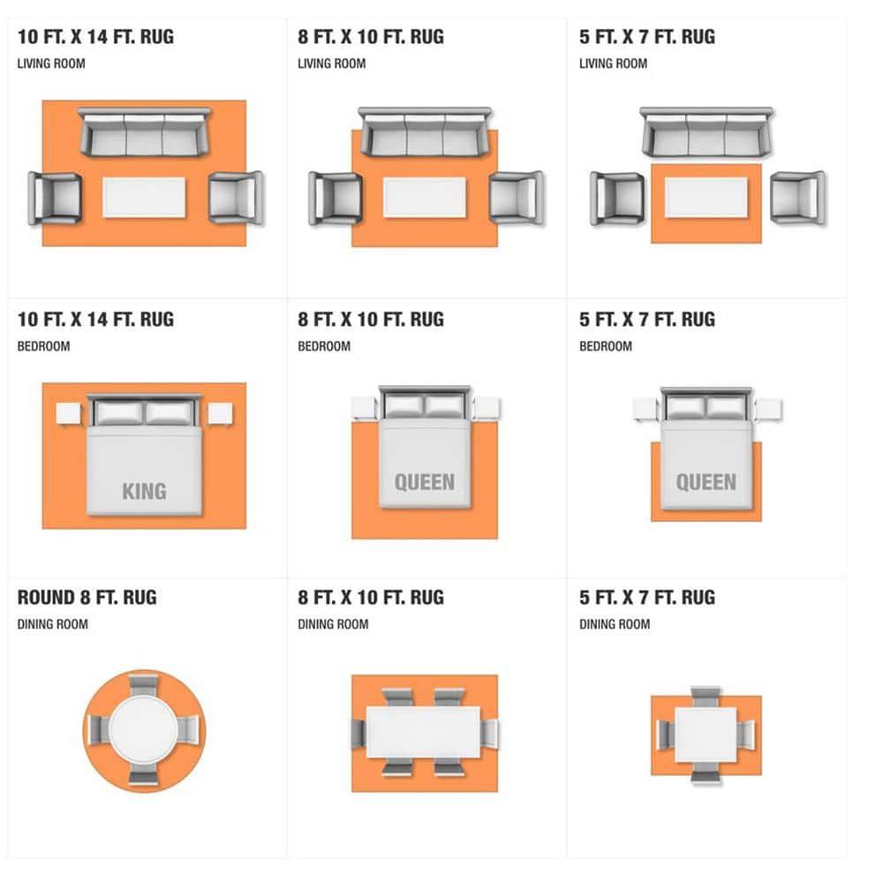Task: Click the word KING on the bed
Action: (144, 491)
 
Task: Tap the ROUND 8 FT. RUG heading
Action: (87, 598)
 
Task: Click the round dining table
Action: (144, 730)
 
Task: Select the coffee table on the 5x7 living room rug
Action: (706, 197)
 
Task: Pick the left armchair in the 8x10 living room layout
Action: (335, 199)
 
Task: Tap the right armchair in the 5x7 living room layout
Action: (797, 198)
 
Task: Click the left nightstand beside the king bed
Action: (69, 414)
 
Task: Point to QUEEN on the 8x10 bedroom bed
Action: (425, 482)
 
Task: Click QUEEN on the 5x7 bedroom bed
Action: (706, 482)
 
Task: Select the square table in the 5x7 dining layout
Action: (706, 735)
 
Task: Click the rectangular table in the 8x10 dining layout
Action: (424, 732)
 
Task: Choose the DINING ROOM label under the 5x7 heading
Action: (615, 624)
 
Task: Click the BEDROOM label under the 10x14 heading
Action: (43, 346)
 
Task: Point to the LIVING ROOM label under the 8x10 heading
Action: (332, 64)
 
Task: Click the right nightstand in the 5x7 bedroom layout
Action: (768, 410)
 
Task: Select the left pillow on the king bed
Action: (119, 412)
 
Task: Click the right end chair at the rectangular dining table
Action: (489, 733)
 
